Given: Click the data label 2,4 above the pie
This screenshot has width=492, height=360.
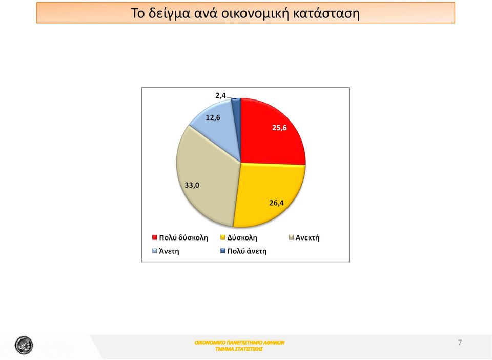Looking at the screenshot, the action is (x=220, y=95).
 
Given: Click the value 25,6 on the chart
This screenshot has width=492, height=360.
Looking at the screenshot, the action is (x=279, y=128).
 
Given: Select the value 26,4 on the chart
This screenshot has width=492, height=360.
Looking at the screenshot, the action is (x=276, y=203).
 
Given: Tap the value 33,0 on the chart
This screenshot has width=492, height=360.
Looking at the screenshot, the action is (x=192, y=185).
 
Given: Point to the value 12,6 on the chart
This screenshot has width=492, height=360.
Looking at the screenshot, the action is (x=213, y=118).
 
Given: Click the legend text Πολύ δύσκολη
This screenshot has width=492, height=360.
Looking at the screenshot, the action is (x=183, y=237).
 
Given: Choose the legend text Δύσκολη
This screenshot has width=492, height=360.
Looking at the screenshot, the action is (x=242, y=237).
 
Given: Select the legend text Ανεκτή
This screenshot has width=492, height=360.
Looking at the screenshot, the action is (x=307, y=237).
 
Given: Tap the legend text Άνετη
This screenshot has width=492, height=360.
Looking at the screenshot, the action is (x=169, y=251).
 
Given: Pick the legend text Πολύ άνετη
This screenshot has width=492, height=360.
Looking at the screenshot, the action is (x=247, y=251).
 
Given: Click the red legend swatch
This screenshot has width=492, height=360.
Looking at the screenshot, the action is (x=154, y=237).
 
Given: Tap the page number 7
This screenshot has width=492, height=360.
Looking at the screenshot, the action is (x=460, y=343).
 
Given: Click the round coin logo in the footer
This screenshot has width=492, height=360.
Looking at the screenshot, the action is (x=24, y=345).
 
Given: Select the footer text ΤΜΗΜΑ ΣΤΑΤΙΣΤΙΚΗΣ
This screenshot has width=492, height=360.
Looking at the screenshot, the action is (x=239, y=349).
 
